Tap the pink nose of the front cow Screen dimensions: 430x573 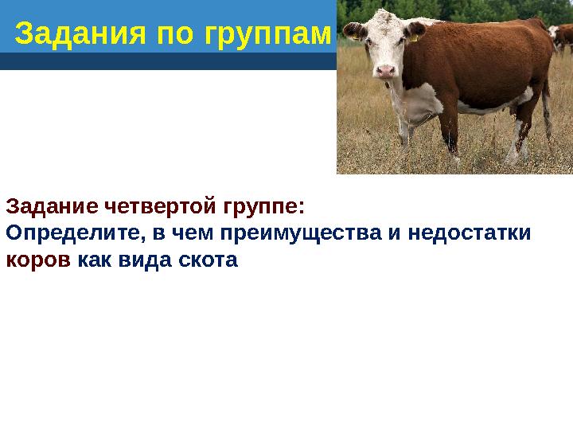[x=386, y=70]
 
